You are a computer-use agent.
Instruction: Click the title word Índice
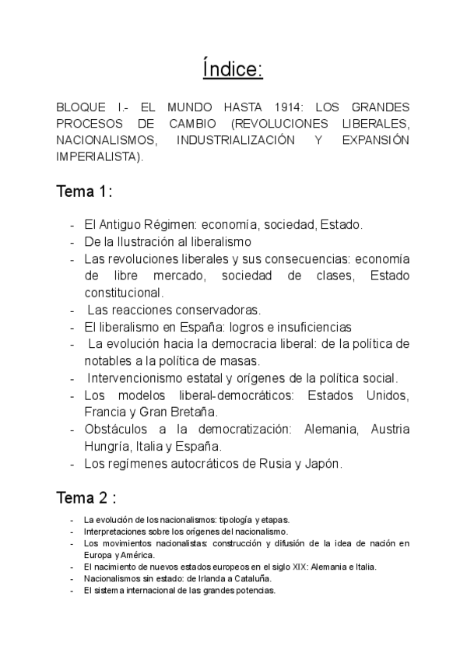tap(233, 69)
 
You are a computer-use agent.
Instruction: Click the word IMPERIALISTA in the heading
tap(98, 156)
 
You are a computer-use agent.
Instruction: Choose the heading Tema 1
tap(83, 191)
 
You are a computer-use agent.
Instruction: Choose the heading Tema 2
tap(85, 497)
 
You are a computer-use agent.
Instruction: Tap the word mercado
tap(173, 276)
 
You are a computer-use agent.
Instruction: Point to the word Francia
tap(107, 412)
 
